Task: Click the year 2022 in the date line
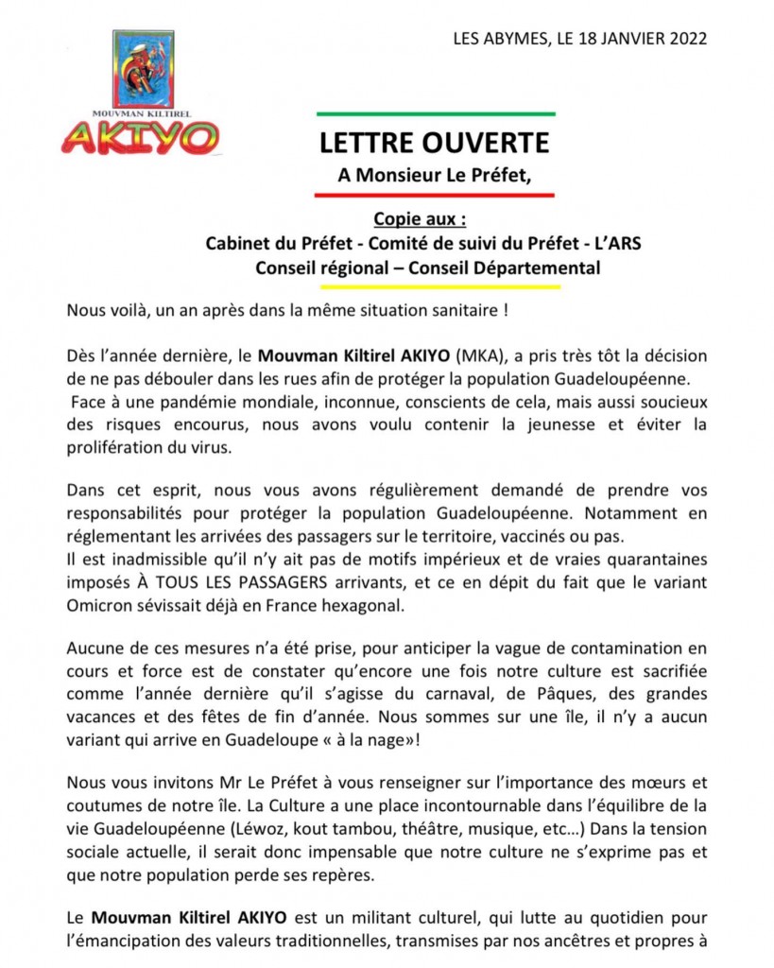683,40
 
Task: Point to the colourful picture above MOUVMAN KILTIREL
143,68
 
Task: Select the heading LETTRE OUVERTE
434,143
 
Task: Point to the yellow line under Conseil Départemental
434,287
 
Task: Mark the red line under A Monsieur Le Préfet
434,196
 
